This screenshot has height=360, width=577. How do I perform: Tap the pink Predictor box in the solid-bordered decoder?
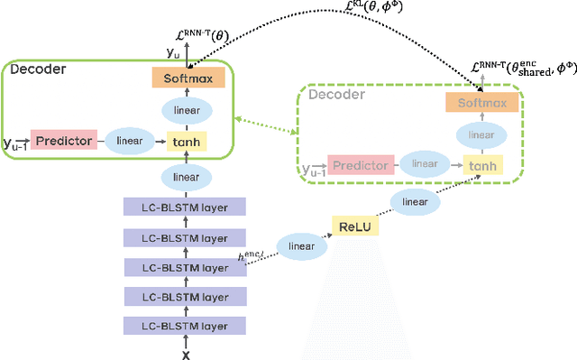[63, 140]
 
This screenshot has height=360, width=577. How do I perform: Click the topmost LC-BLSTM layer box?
[184, 208]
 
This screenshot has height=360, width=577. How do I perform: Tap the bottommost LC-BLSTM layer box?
[184, 326]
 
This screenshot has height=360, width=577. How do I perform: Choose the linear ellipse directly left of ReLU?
[299, 245]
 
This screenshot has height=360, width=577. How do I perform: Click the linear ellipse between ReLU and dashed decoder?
[415, 201]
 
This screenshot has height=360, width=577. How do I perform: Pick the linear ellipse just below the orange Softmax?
[187, 109]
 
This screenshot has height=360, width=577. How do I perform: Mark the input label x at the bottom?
[187, 353]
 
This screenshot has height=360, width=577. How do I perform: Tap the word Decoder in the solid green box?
[38, 69]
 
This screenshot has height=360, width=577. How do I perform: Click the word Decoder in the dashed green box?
[337, 95]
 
